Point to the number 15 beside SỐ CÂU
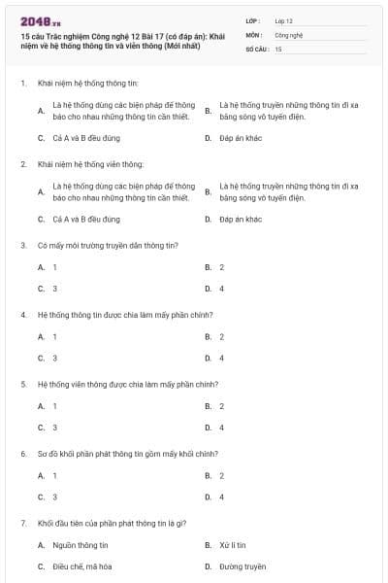(278, 48)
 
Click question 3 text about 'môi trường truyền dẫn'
(108, 246)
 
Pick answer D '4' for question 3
(221, 289)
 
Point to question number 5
(22, 384)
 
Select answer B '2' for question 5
(221, 406)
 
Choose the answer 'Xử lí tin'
(232, 545)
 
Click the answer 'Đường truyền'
(242, 566)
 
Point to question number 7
(22, 523)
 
